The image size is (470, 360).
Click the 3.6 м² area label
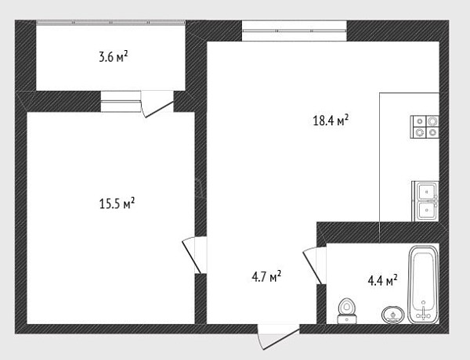coord(114,56)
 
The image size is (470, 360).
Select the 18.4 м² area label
coord(331,120)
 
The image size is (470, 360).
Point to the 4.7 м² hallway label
coord(266,276)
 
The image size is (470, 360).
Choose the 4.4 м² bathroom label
coord(382,281)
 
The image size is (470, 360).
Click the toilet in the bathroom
coord(347,311)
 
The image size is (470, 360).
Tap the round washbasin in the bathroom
coord(392,315)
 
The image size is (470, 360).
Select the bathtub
coord(423,285)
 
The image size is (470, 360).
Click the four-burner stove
coord(425,127)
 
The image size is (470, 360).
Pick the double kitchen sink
coord(425,201)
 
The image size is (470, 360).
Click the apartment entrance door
coord(278,337)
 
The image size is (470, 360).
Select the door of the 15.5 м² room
coord(194,255)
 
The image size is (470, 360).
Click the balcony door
coord(157,104)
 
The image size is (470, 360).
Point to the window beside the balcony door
coord(121,101)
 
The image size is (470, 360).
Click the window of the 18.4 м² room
coord(295,31)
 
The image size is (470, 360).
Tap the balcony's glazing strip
coord(110,22)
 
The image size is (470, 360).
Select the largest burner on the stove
coord(432,121)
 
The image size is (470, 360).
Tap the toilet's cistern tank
coord(347,319)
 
